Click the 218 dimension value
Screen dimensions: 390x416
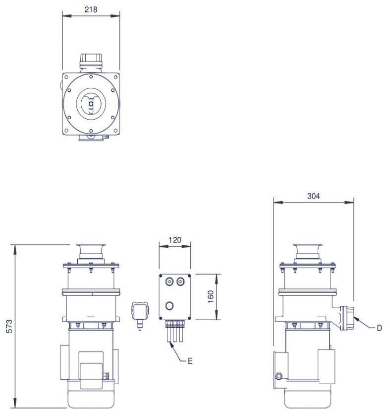click(x=91, y=9)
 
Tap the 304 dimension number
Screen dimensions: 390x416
click(x=314, y=196)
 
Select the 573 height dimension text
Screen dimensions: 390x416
click(x=9, y=326)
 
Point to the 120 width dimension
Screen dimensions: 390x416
click(x=175, y=240)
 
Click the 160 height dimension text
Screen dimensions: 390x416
click(x=211, y=297)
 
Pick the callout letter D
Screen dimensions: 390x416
click(x=380, y=328)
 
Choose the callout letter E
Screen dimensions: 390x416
click(x=190, y=361)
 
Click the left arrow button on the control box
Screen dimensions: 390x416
click(x=169, y=282)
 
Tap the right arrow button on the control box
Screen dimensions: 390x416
click(x=180, y=282)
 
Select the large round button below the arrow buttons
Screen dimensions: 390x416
click(x=169, y=306)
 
